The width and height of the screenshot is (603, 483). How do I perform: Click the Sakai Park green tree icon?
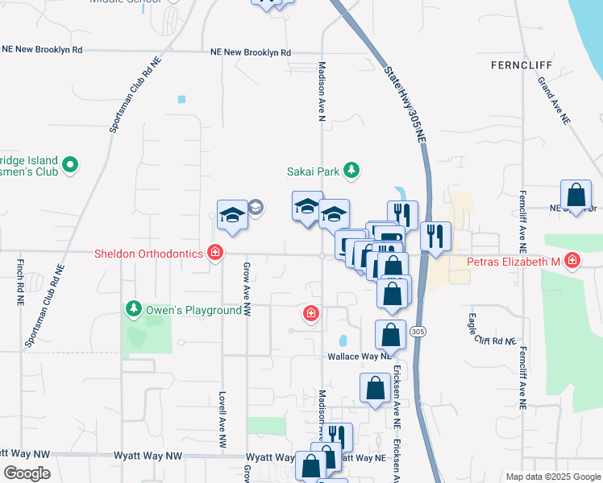point(351,170)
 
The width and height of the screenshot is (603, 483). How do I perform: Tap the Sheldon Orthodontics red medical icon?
point(214,254)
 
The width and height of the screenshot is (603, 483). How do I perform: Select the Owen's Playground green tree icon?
point(134,309)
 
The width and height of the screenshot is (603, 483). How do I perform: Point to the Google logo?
point(27,473)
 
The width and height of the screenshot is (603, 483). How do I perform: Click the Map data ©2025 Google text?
point(552,477)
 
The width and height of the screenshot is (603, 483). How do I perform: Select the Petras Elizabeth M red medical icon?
point(572,261)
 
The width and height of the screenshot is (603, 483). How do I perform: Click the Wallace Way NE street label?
point(358,355)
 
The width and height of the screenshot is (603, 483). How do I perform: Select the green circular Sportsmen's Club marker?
point(70,165)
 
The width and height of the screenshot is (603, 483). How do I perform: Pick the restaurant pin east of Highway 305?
point(435,235)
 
